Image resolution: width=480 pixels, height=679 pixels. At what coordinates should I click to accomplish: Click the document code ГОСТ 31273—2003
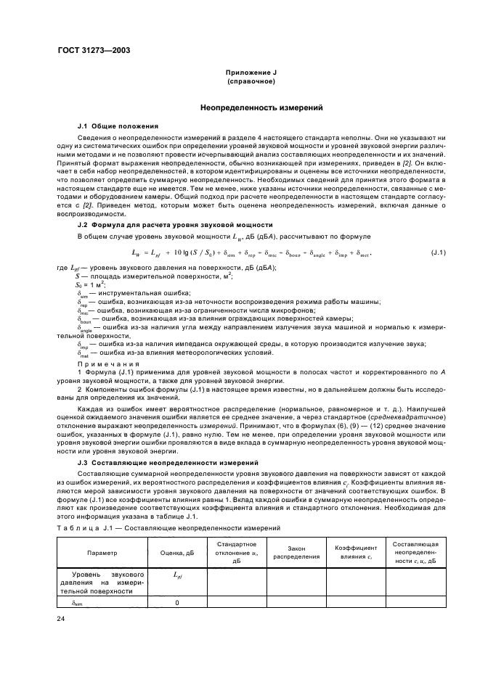89,51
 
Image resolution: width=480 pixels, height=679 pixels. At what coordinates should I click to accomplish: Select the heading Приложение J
249,74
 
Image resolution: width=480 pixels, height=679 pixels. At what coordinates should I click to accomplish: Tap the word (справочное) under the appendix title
249,82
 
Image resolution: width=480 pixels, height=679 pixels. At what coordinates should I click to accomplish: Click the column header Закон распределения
296,553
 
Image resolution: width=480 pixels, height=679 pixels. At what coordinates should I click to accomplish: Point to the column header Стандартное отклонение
237,552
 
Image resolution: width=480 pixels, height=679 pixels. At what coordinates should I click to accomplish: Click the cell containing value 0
177,602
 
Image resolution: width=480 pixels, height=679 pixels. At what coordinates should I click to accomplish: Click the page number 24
61,617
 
